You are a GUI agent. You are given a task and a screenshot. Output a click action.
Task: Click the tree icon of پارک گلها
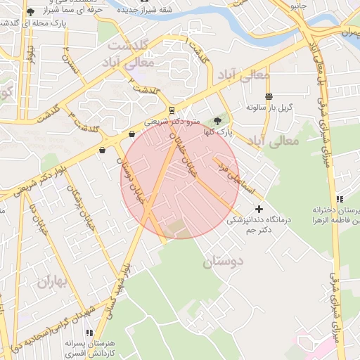(x=217, y=121)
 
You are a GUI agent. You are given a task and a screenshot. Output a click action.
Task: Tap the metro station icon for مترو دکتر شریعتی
(x=172, y=110)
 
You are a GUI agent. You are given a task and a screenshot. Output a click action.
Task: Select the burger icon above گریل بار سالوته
(x=269, y=96)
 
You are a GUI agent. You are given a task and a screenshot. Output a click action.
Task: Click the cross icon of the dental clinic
(x=259, y=209)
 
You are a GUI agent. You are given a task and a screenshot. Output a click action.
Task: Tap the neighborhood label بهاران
(x=51, y=282)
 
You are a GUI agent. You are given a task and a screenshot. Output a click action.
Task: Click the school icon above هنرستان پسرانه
(x=89, y=333)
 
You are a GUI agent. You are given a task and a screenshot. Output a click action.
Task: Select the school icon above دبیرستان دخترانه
(x=340, y=200)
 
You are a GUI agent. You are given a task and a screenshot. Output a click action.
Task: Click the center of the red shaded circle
(x=180, y=179)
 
